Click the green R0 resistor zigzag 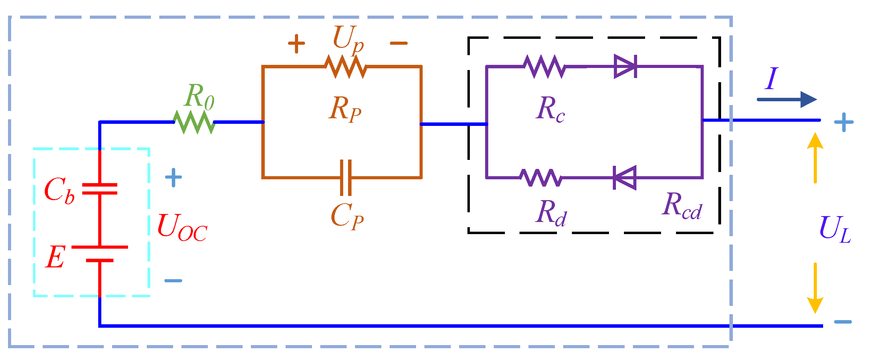(x=194, y=122)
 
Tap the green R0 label (x=199, y=97)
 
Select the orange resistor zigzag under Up (x=346, y=67)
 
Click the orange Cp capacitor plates (x=346, y=178)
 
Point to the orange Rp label (x=345, y=109)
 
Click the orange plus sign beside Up (x=296, y=44)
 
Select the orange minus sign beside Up (x=398, y=43)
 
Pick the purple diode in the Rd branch (x=625, y=178)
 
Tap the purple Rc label (x=550, y=109)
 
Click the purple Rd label (x=551, y=213)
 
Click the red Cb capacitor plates (x=100, y=189)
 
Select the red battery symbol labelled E (x=100, y=254)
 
